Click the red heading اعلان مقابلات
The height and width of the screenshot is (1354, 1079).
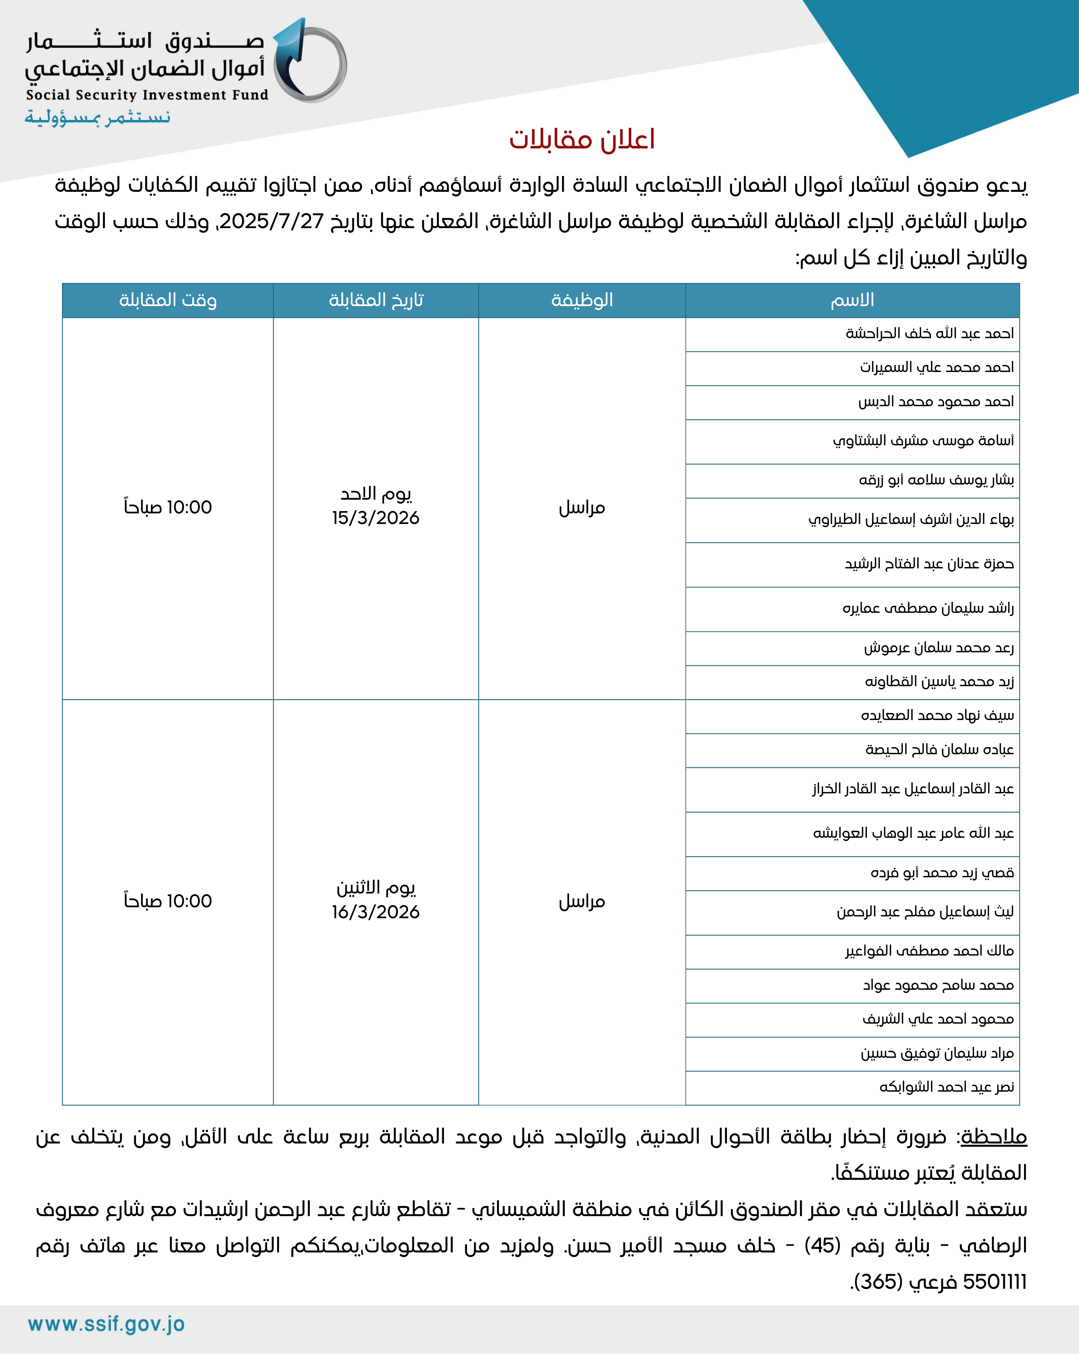point(582,139)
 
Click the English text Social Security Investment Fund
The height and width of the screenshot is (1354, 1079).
point(147,95)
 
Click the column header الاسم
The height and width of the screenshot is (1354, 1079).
point(852,300)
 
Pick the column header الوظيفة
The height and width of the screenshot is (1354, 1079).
point(582,300)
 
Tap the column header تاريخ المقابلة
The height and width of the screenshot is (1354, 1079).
point(376,300)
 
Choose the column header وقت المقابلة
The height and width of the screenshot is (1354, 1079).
point(168,300)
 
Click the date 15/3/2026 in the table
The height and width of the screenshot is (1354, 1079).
point(376,518)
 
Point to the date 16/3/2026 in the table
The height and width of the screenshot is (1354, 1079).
point(376,912)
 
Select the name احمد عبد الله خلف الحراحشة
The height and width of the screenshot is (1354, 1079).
point(930,334)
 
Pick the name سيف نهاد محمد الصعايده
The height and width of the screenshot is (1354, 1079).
point(937,715)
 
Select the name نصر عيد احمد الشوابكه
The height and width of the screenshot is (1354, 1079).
point(947,1087)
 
